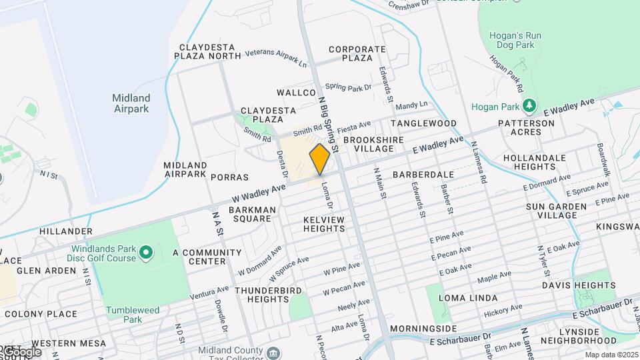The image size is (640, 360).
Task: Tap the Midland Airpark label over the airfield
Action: (131, 103)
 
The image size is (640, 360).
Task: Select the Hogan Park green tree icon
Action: (529, 106)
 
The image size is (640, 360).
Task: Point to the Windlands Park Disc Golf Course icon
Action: (146, 253)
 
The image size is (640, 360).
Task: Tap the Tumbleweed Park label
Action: (133, 315)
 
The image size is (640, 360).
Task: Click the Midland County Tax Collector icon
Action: (273, 352)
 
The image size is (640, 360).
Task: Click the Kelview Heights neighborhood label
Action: (324, 224)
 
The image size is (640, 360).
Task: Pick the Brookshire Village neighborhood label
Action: (369, 145)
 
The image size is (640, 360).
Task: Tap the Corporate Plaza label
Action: (357, 53)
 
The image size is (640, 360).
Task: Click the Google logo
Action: (21, 351)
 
